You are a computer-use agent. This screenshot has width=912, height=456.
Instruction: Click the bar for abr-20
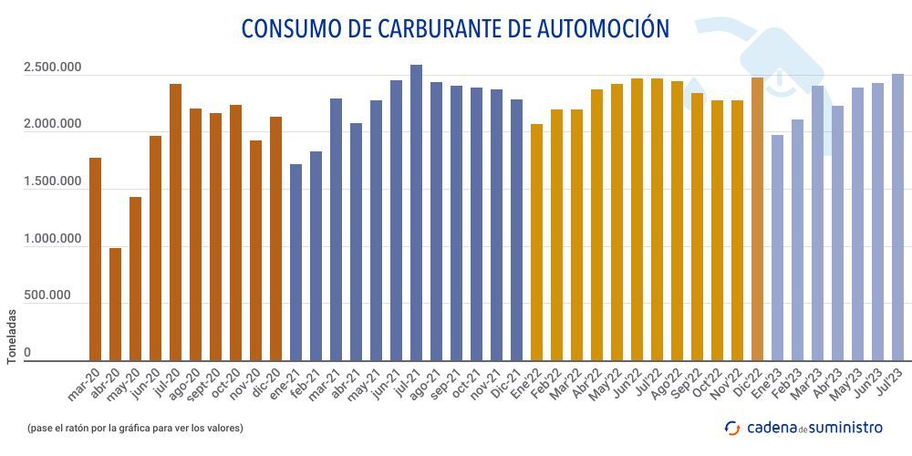point(115,305)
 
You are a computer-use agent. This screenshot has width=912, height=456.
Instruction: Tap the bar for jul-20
point(175,223)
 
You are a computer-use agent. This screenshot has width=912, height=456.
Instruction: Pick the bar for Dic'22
point(757,219)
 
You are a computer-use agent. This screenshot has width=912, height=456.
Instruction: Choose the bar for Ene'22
point(536,243)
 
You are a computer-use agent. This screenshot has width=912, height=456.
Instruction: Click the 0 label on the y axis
point(27,352)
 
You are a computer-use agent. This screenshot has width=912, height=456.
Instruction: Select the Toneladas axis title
point(12,336)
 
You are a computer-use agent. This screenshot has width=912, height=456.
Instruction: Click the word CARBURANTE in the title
point(433,28)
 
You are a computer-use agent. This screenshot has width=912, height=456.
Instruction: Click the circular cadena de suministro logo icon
point(731,427)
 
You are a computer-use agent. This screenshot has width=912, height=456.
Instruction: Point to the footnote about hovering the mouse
point(135,427)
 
